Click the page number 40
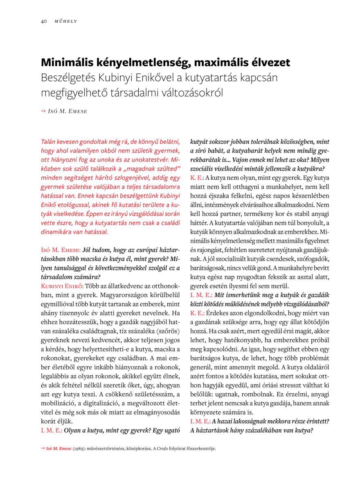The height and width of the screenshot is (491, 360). pyautogui.click(x=43, y=21)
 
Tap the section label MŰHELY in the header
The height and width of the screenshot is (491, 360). pyautogui.click(x=66, y=21)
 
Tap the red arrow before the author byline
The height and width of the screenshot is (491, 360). pyautogui.click(x=43, y=111)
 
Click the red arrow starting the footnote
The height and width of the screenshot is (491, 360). pyautogui.click(x=43, y=448)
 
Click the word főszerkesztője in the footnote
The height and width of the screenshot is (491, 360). pyautogui.click(x=199, y=448)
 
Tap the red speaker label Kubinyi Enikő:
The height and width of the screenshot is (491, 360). pyautogui.click(x=62, y=285)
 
